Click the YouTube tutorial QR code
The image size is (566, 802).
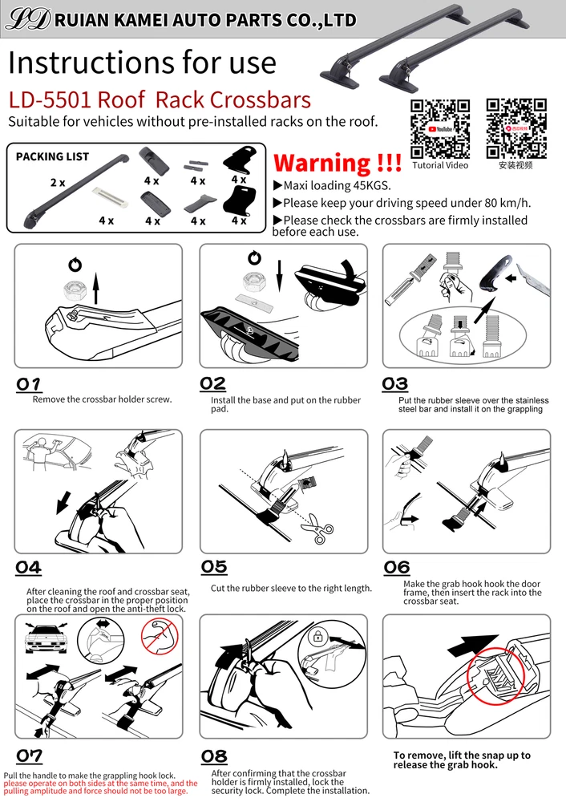440,129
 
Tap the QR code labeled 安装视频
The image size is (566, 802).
516,129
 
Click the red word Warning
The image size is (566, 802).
322,163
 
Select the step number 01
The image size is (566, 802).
29,384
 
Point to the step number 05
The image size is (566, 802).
214,567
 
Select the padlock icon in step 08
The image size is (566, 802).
318,637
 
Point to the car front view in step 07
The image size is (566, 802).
46,638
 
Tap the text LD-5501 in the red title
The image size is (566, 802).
49,99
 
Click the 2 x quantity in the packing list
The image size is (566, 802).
57,183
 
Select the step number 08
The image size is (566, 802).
214,756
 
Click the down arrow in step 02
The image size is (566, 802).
279,276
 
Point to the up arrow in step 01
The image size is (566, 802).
95,289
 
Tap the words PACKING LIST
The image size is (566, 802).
52,156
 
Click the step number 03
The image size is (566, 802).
394,384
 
